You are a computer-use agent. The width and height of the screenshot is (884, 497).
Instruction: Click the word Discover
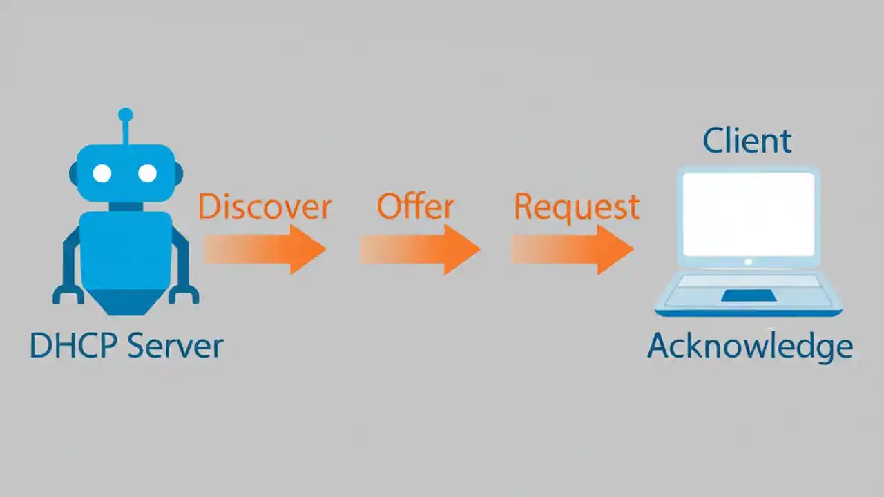265,207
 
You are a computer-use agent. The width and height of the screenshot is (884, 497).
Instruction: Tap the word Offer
415,207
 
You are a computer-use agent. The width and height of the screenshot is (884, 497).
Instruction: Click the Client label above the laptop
747,142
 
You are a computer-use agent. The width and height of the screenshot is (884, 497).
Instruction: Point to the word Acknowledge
750,347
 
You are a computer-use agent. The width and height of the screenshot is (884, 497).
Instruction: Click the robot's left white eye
102,173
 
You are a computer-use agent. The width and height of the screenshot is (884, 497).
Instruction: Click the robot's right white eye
147,173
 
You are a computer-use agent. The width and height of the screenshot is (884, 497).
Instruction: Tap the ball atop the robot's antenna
125,115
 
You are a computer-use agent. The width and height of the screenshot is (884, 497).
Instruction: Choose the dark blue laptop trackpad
748,295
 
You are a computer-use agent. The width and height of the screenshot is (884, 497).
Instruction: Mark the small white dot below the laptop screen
748,262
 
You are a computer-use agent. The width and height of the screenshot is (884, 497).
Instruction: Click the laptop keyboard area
748,281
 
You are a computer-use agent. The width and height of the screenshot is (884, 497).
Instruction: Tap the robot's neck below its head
125,206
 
